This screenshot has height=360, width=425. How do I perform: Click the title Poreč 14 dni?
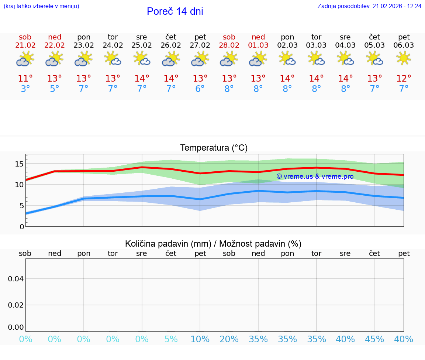[175, 11]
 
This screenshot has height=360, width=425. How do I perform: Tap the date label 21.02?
[25, 45]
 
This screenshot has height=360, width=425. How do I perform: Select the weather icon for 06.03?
[404, 58]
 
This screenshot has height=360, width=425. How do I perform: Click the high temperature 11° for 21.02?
[25, 79]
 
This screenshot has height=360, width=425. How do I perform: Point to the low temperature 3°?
[25, 89]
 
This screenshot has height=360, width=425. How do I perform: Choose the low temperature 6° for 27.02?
[200, 89]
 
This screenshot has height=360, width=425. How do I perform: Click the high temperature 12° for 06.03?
[404, 79]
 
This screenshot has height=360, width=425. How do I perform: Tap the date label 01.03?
[258, 45]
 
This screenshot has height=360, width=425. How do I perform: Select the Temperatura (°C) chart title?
[214, 148]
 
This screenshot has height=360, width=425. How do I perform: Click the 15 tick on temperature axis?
[19, 164]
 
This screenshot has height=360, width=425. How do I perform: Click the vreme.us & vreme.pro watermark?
[315, 176]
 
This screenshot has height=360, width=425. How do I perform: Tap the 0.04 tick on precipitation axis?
[16, 278]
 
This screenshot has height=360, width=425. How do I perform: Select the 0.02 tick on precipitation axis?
[16, 305]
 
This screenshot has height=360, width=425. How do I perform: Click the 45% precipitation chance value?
[374, 339]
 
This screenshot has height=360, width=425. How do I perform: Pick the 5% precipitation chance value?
[171, 339]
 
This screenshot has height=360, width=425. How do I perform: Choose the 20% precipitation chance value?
[229, 339]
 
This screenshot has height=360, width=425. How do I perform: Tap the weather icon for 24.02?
[113, 58]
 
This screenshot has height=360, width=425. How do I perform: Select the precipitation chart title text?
[213, 244]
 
